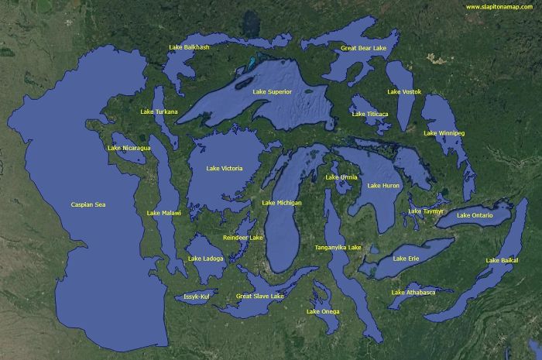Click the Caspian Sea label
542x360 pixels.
(87, 204)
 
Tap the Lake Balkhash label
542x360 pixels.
(189, 47)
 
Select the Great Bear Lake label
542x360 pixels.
(363, 48)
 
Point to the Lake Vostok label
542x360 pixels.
(404, 92)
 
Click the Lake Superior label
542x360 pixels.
(272, 92)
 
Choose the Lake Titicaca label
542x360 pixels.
(369, 114)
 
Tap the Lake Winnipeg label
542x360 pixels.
(444, 133)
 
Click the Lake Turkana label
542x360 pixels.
(159, 111)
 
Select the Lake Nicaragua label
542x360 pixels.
(129, 147)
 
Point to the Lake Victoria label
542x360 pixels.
(225, 168)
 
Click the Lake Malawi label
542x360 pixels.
(163, 212)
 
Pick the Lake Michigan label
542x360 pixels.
(282, 203)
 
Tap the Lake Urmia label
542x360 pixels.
(341, 177)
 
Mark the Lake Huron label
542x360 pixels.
(384, 186)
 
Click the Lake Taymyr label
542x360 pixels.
(426, 211)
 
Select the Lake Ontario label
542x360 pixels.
(475, 214)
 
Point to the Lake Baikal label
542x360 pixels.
(502, 260)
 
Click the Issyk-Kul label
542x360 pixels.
(197, 297)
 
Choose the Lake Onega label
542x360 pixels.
(323, 311)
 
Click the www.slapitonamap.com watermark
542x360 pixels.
(499, 8)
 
